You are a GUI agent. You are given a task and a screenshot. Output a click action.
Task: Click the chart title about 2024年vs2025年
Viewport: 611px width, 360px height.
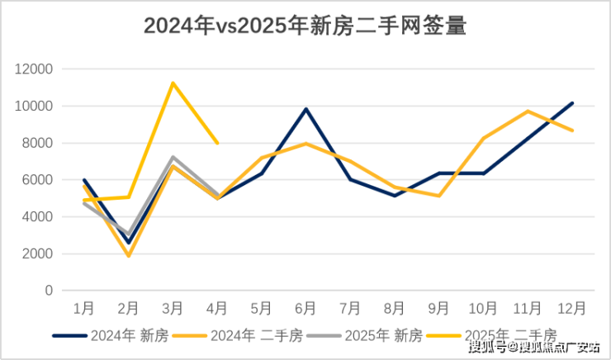coord(305,26)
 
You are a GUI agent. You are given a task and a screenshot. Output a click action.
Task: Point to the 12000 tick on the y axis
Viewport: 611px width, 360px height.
coord(35,69)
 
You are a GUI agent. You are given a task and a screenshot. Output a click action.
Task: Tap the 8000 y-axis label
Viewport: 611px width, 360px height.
coord(38,143)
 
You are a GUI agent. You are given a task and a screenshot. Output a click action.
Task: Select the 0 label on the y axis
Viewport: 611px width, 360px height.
coord(49,291)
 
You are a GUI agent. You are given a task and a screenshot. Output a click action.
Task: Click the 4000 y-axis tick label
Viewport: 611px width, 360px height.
coord(38,216)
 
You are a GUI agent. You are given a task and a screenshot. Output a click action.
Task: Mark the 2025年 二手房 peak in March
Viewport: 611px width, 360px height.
coord(173,83)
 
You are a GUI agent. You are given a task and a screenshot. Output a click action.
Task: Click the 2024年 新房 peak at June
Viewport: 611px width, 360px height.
coord(305,109)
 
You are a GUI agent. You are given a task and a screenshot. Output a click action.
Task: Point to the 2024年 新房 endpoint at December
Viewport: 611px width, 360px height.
coord(571,103)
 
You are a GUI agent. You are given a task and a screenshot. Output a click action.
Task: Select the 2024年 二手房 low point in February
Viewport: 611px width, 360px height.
coord(128,256)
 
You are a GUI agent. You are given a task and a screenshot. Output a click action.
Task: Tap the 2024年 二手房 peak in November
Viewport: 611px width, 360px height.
coord(527,111)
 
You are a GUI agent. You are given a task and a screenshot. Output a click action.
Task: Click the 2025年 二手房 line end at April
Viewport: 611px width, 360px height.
coord(217,143)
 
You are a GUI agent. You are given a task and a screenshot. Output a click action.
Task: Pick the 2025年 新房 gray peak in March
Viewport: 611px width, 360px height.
coord(173,157)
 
